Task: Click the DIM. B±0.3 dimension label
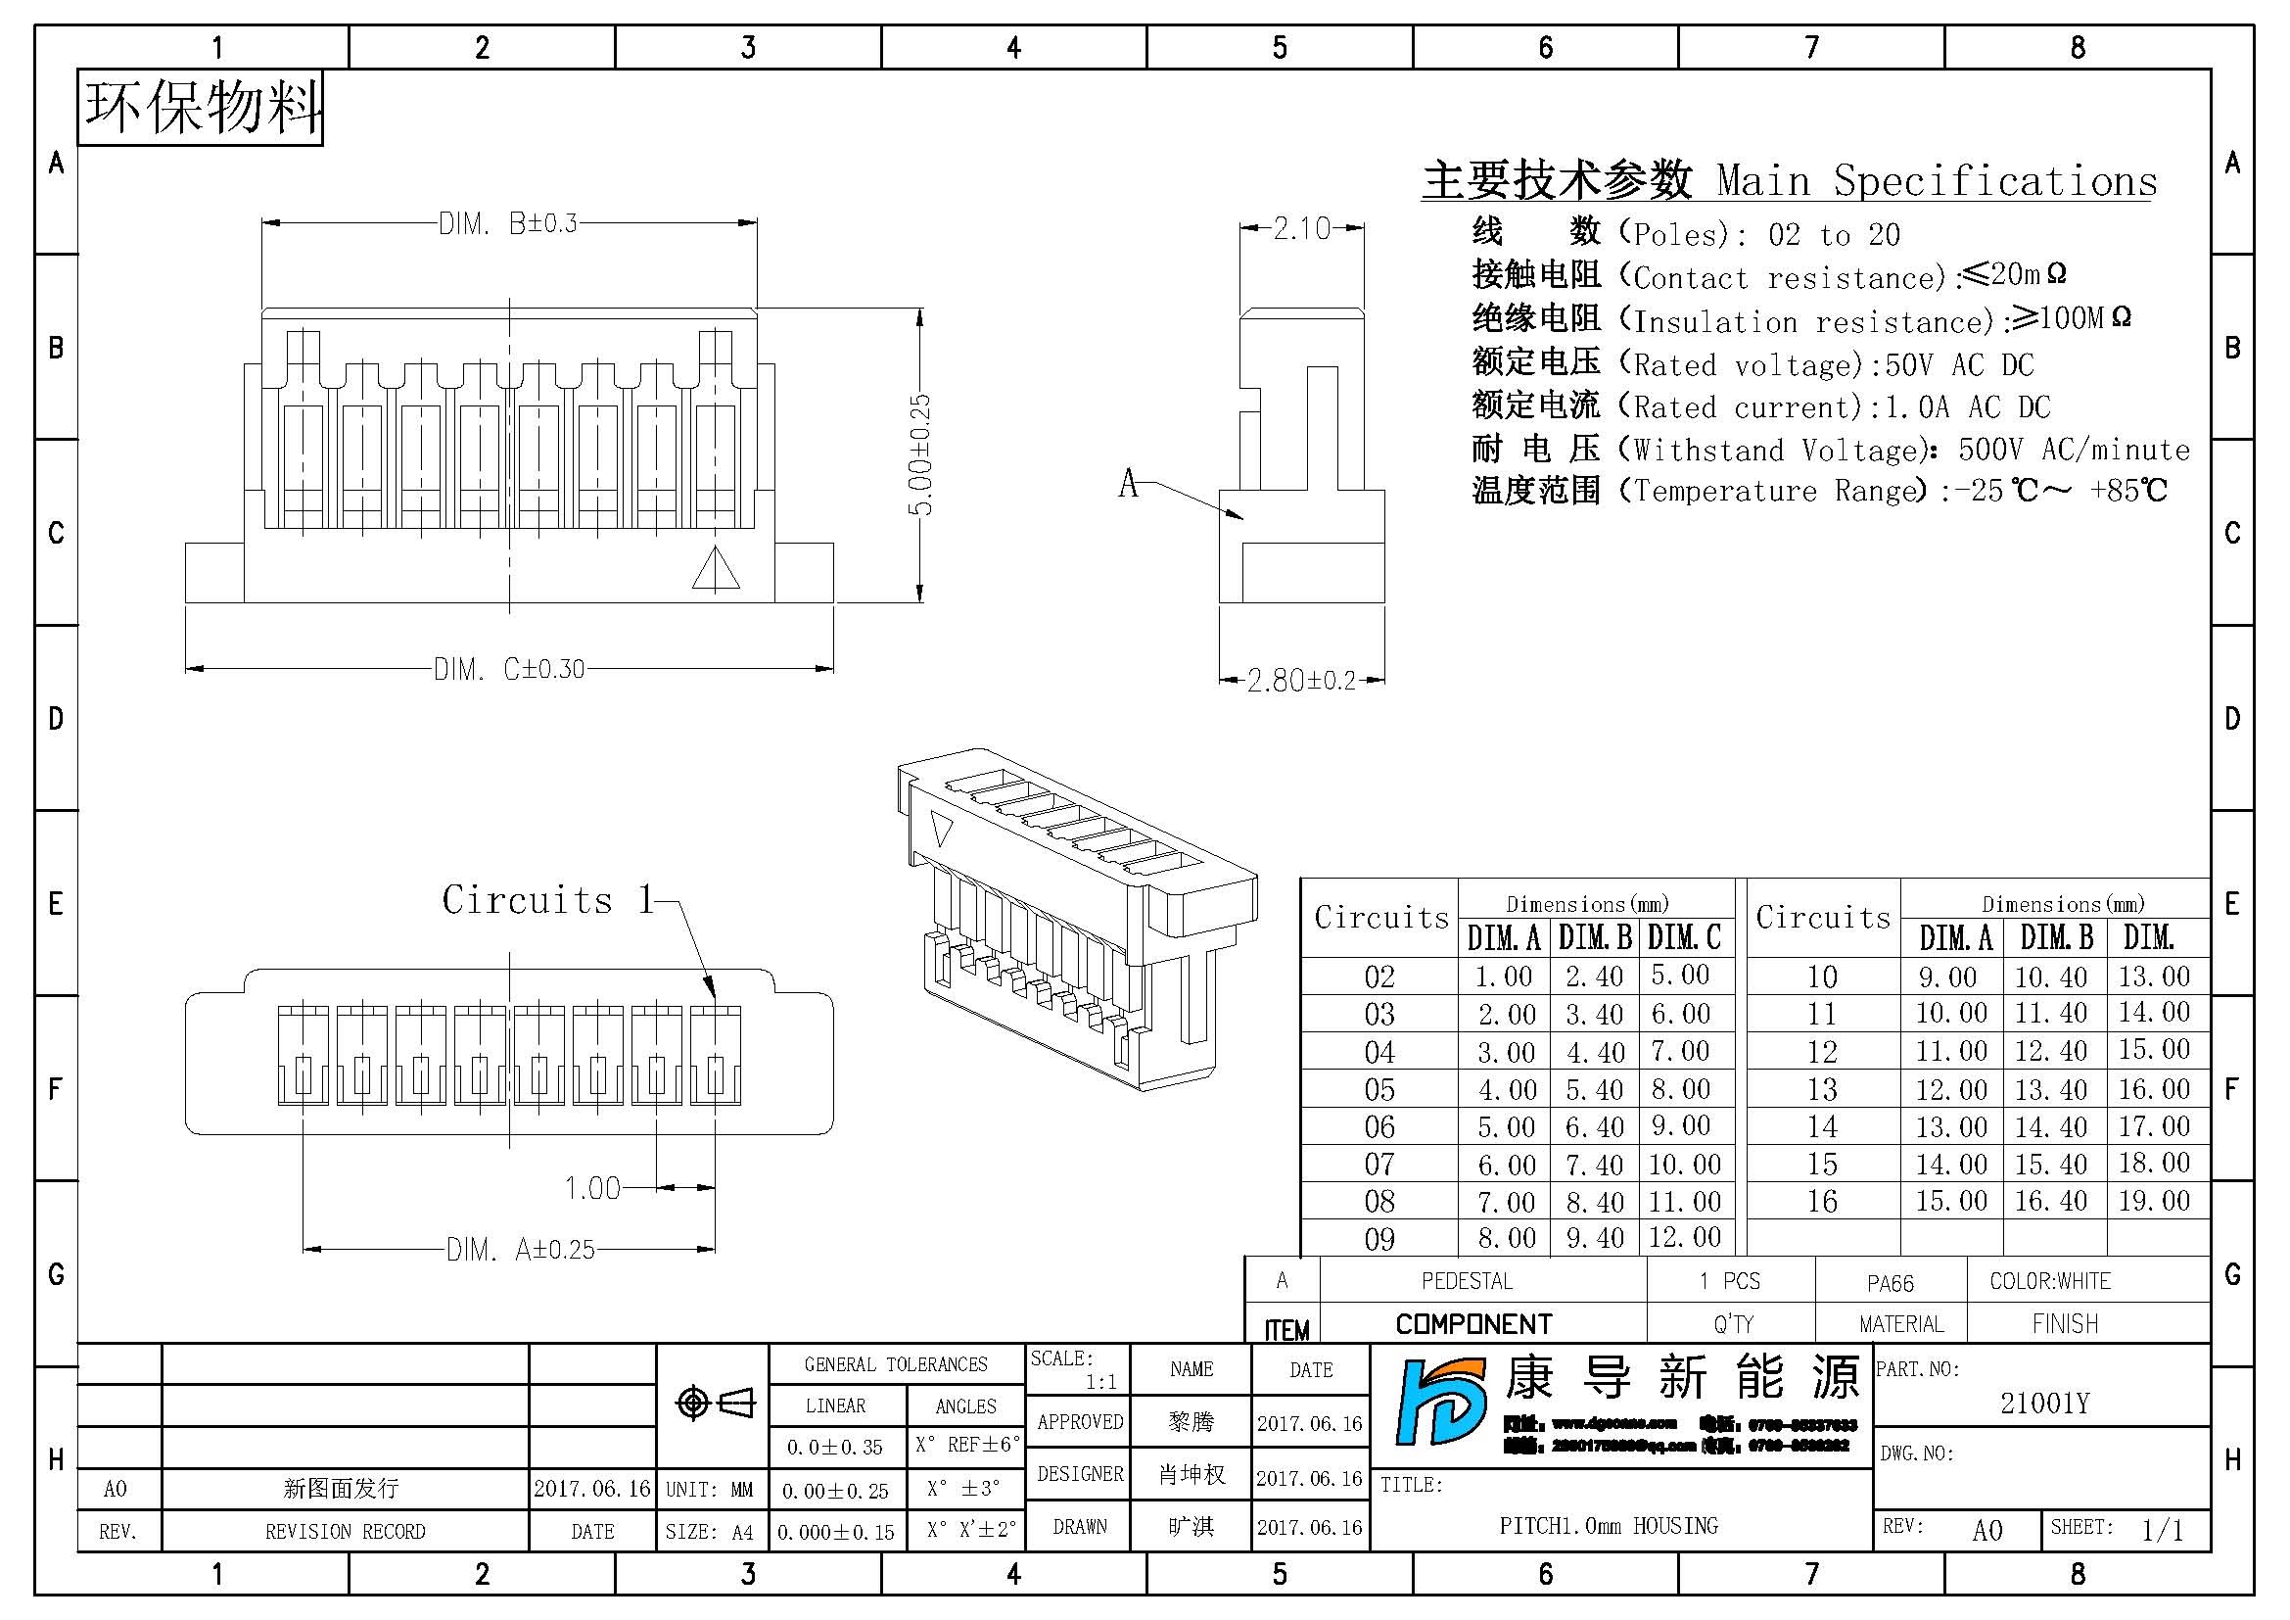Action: click(508, 223)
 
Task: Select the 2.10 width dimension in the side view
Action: click(1301, 228)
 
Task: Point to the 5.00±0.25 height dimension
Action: click(920, 453)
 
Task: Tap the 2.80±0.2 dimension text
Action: click(1301, 681)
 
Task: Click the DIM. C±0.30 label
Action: click(509, 668)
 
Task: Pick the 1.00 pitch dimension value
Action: click(592, 1188)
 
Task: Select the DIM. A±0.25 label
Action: click(520, 1249)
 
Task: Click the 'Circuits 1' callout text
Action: click(547, 900)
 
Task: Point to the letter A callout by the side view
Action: click(1128, 484)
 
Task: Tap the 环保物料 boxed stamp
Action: click(202, 108)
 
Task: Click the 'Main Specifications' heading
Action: click(1935, 181)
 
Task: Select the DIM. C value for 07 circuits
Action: click(1685, 1165)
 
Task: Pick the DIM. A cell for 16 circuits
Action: click(1951, 1201)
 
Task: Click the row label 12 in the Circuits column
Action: click(1822, 1051)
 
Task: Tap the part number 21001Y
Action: click(2043, 1404)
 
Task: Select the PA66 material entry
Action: click(1890, 1283)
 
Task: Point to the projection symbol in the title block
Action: click(714, 1404)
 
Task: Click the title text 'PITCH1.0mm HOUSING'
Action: click(1608, 1525)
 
